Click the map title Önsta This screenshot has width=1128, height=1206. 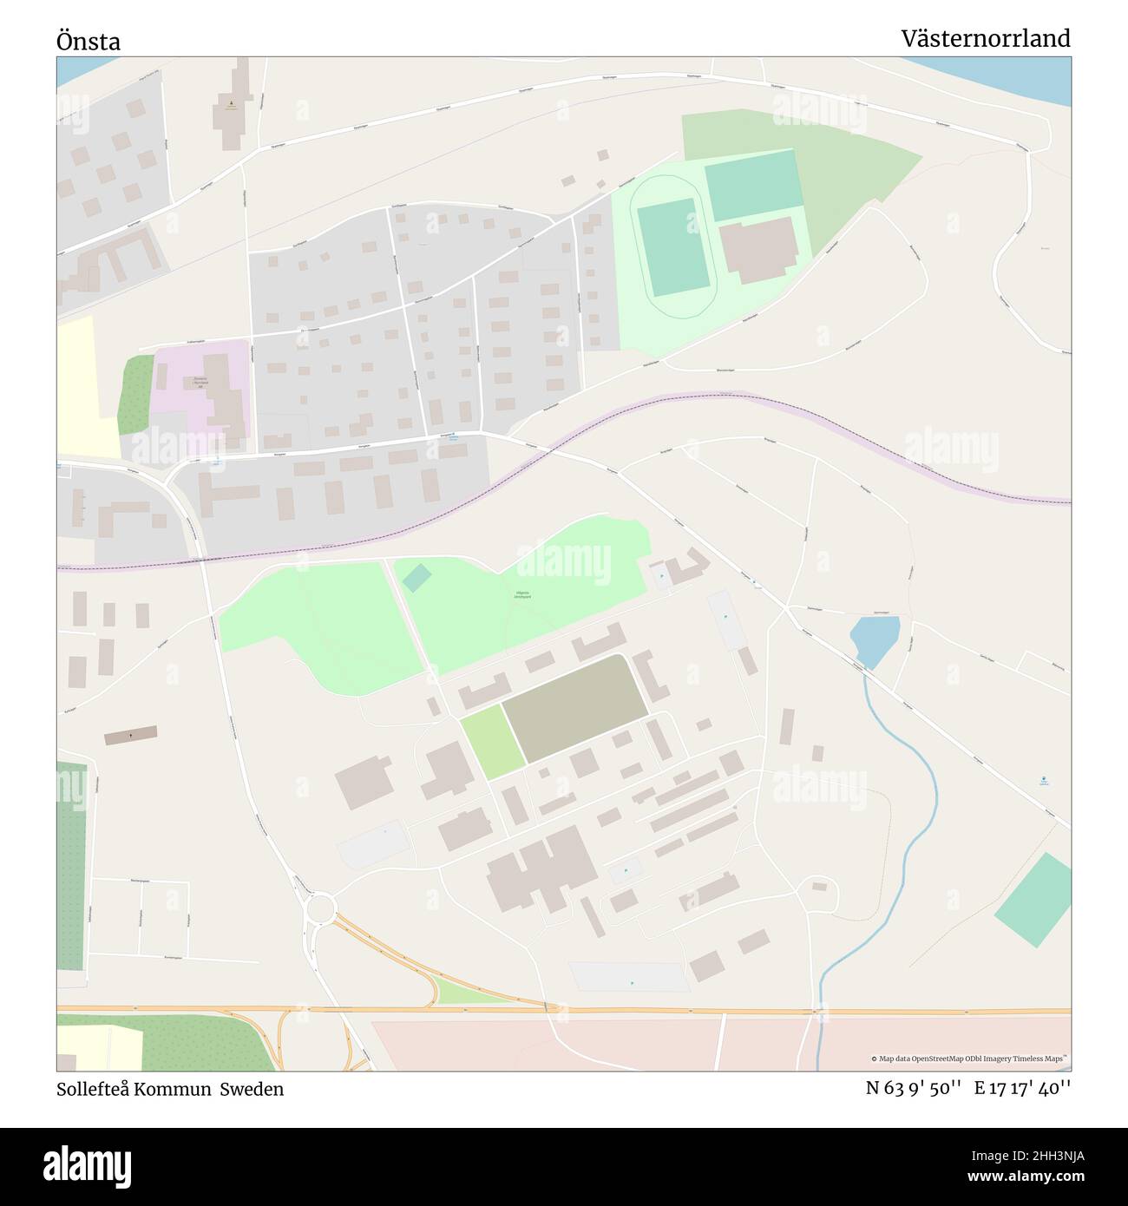(x=89, y=41)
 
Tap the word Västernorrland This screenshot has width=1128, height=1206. (x=985, y=39)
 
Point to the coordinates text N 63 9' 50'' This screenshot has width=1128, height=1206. (x=913, y=1089)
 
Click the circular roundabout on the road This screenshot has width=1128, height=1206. (x=320, y=908)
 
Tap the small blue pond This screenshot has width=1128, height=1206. (x=875, y=640)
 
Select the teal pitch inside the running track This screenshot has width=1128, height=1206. (x=673, y=246)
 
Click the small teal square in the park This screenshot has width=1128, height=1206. (x=416, y=578)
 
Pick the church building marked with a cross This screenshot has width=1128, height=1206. (x=131, y=736)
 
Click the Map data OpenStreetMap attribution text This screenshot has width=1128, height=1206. (x=968, y=1059)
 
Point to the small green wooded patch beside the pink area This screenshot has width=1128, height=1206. (x=136, y=396)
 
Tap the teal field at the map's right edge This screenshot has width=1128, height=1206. (x=1033, y=900)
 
